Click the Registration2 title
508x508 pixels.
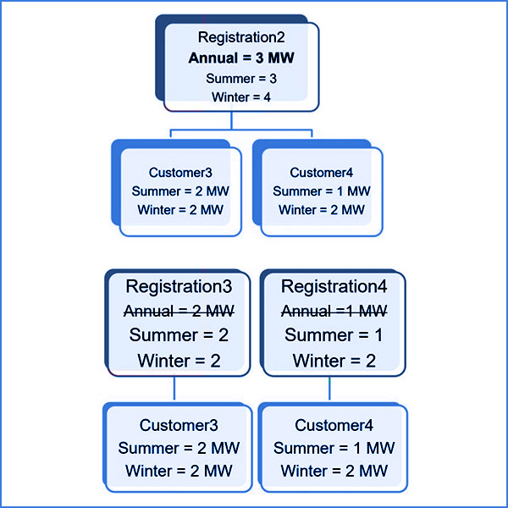pyautogui.click(x=241, y=38)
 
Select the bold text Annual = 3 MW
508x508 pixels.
pyautogui.click(x=242, y=58)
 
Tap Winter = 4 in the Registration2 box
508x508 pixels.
pyautogui.click(x=241, y=97)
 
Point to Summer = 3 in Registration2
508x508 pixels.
pyautogui.click(x=241, y=79)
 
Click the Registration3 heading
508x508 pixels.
pyautogui.click(x=179, y=286)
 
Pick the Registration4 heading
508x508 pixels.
pyautogui.click(x=334, y=286)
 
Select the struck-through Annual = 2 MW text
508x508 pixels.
pyautogui.click(x=179, y=310)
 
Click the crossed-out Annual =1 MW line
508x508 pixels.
pyautogui.click(x=334, y=310)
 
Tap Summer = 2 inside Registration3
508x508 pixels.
pyautogui.click(x=179, y=335)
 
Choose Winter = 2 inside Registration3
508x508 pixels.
pyautogui.click(x=179, y=361)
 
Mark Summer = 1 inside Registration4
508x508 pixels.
pyautogui.click(x=334, y=335)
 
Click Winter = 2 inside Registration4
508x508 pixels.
pyautogui.click(x=334, y=361)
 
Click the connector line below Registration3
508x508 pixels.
pyautogui.click(x=174, y=389)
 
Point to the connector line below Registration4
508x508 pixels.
pyautogui.click(x=329, y=389)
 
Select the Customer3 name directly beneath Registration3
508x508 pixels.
pyautogui.click(x=179, y=425)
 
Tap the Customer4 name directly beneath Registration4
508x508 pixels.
pyautogui.click(x=334, y=425)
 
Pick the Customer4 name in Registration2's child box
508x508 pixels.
pyautogui.click(x=322, y=173)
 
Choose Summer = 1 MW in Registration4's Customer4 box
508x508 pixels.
pyautogui.click(x=334, y=448)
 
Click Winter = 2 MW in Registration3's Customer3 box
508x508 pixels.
pyautogui.click(x=179, y=471)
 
